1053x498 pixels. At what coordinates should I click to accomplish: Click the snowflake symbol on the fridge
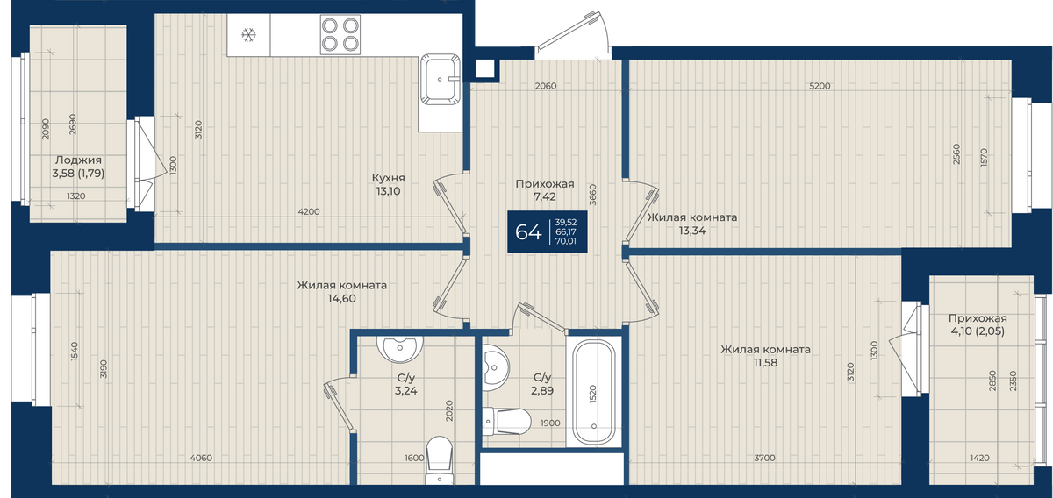tap(248, 35)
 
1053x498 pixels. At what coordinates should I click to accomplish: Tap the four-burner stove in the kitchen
tap(340, 34)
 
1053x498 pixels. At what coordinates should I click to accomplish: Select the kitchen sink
tap(440, 79)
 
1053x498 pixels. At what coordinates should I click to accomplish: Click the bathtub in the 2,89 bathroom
tap(594, 393)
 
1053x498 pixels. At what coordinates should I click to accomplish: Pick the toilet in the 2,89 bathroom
tap(506, 421)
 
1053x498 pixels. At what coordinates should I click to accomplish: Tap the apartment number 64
tap(528, 232)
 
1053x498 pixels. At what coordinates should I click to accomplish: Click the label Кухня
tap(388, 178)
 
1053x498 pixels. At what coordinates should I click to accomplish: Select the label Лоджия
tap(78, 160)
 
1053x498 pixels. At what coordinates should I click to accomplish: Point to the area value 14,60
tap(341, 298)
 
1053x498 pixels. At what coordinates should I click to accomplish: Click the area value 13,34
tap(692, 231)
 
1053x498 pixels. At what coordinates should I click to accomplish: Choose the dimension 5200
tap(820, 86)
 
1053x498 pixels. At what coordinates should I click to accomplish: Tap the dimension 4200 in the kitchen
tap(309, 212)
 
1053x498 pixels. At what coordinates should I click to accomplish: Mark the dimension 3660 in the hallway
tap(593, 195)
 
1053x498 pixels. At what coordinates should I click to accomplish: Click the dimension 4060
tap(201, 458)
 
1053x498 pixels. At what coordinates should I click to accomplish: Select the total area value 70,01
tap(565, 241)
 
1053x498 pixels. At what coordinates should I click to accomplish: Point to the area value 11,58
tap(765, 363)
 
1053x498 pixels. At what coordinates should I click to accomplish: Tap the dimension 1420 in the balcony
tap(979, 458)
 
